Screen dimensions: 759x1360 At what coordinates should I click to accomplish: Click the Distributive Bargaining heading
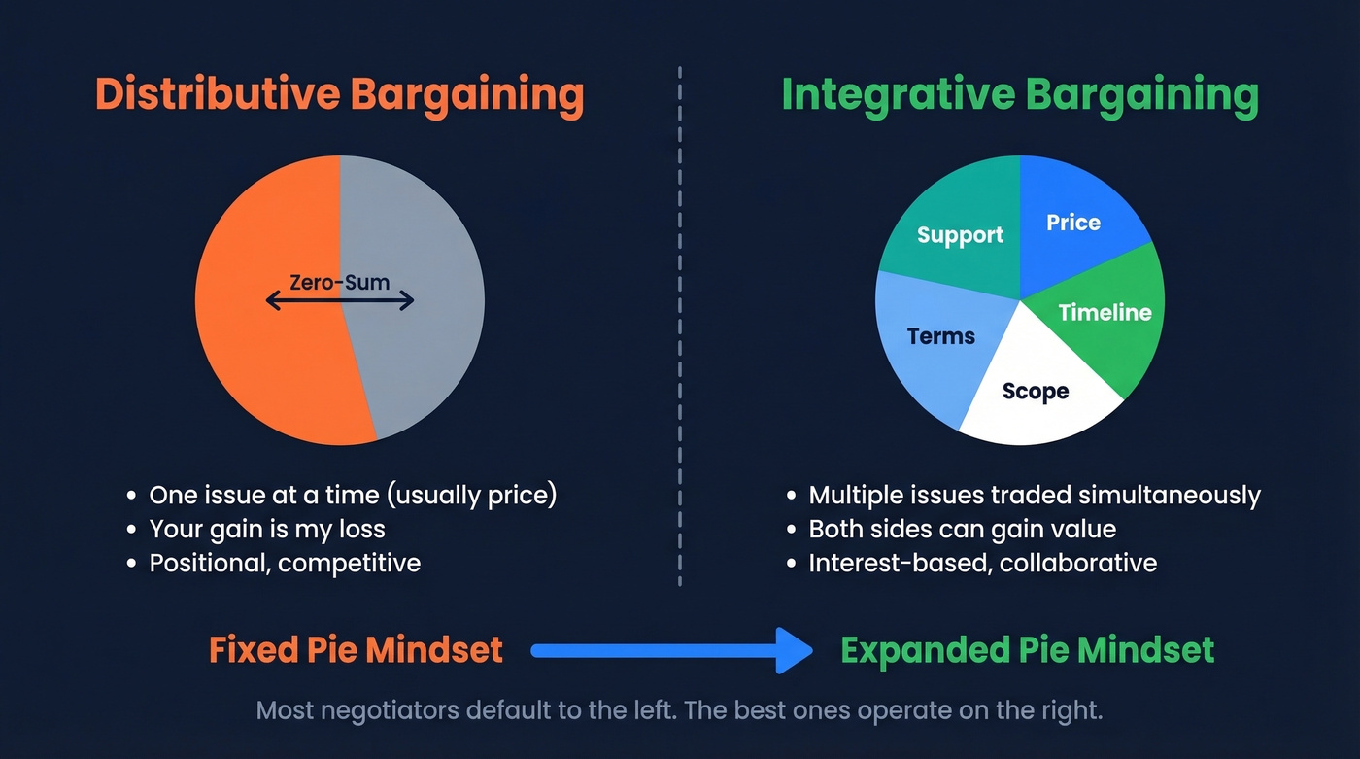click(x=339, y=95)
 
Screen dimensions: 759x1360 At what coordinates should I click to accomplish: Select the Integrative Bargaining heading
click(x=1019, y=95)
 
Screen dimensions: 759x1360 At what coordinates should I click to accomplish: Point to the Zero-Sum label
click(x=339, y=283)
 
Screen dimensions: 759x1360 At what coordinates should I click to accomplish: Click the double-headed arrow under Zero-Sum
click(x=339, y=302)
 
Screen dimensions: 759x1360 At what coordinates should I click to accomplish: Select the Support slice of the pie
click(x=960, y=235)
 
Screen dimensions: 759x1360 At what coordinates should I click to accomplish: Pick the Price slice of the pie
click(x=1073, y=223)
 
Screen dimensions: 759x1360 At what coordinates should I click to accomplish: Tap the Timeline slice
click(x=1105, y=312)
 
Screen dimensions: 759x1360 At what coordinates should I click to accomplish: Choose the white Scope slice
click(x=1035, y=391)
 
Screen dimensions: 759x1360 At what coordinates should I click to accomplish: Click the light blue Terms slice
click(x=940, y=336)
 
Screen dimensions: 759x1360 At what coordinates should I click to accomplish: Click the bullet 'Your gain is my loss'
click(x=267, y=529)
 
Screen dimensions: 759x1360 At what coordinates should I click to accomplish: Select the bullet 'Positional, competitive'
click(x=285, y=563)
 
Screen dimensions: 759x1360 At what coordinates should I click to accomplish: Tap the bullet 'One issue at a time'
click(x=353, y=495)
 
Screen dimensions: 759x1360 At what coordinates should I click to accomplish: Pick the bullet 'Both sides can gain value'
click(x=962, y=529)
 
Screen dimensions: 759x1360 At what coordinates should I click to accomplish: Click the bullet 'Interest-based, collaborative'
click(x=982, y=563)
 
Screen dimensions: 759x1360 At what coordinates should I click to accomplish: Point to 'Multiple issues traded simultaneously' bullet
click(x=1034, y=495)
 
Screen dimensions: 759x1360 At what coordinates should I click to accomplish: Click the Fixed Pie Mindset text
click(x=356, y=649)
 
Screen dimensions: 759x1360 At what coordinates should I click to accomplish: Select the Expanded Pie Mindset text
click(x=1027, y=649)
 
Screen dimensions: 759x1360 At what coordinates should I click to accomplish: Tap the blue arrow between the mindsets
click(x=670, y=649)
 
